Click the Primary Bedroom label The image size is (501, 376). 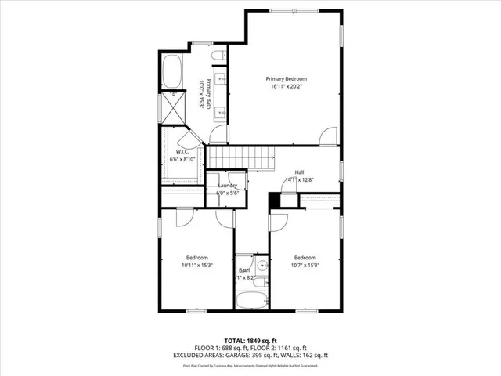(x=286, y=78)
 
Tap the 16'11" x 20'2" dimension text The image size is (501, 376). (x=286, y=87)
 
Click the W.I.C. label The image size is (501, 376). (x=182, y=151)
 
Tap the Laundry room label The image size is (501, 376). (x=228, y=186)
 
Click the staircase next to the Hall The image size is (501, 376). (x=242, y=159)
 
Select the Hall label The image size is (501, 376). (x=299, y=172)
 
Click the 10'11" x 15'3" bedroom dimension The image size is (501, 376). (x=196, y=266)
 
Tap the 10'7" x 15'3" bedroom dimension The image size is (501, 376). (x=305, y=266)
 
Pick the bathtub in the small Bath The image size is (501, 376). (x=250, y=301)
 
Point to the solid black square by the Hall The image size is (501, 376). (x=274, y=202)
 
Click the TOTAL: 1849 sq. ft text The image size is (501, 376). (x=250, y=342)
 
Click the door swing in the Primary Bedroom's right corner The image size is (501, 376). (x=328, y=136)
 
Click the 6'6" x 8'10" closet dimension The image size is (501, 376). (x=182, y=159)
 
